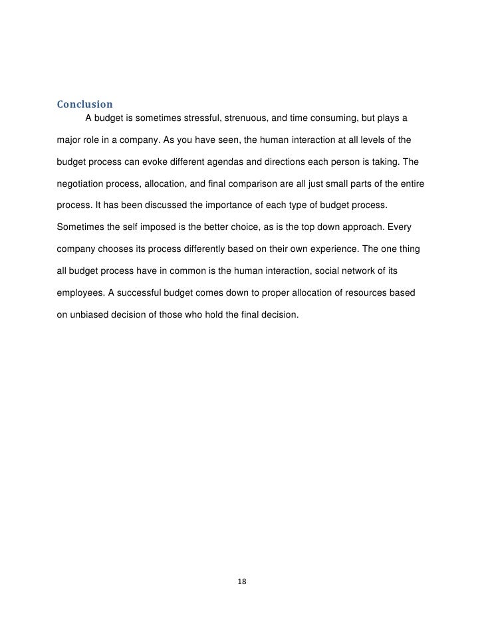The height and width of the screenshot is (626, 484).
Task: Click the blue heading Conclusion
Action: tap(84, 104)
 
